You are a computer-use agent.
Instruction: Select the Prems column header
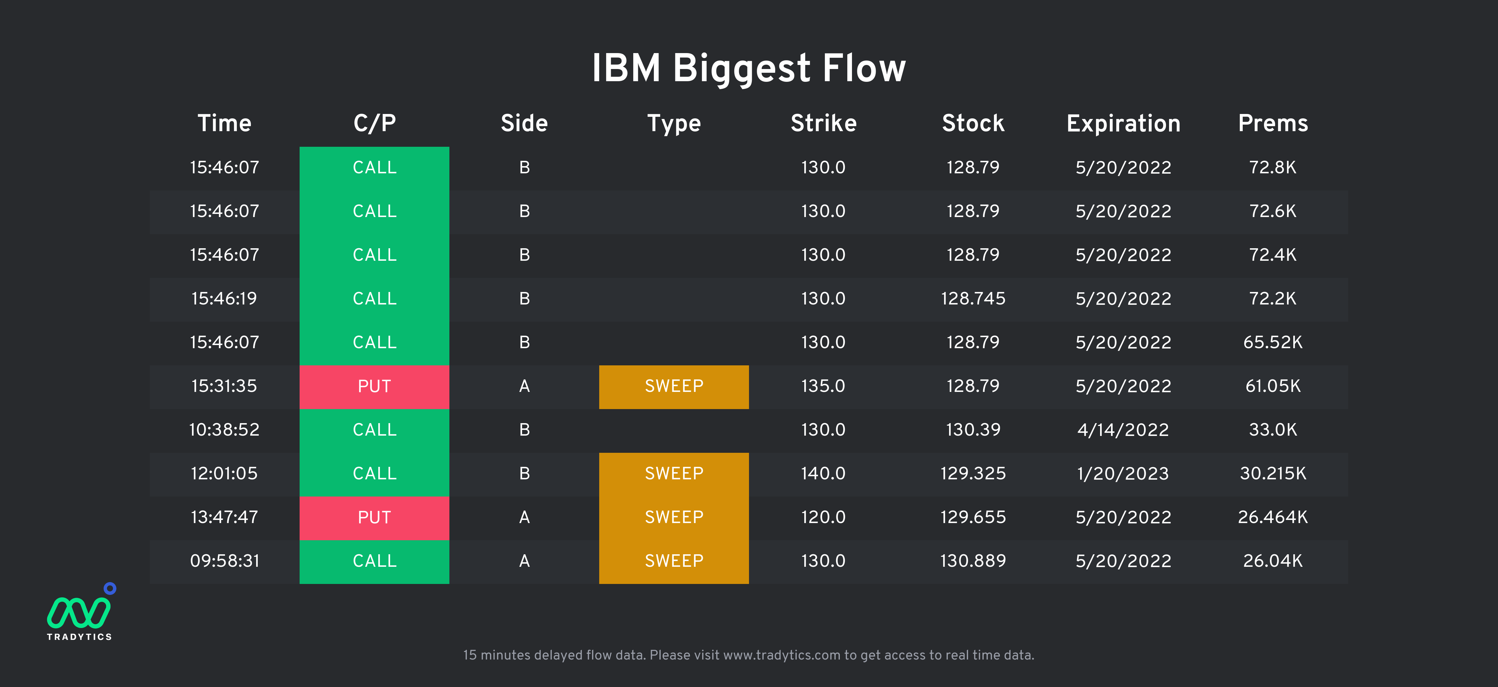pyautogui.click(x=1273, y=123)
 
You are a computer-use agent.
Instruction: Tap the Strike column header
pyautogui.click(x=824, y=123)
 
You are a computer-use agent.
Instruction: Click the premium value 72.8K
pyautogui.click(x=1273, y=167)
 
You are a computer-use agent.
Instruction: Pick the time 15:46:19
pyautogui.click(x=224, y=299)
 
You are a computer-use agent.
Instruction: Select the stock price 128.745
pyautogui.click(x=973, y=299)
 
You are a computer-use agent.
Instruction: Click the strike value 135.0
pyautogui.click(x=824, y=386)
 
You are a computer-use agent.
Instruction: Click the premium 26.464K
pyautogui.click(x=1273, y=517)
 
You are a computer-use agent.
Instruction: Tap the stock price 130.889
pyautogui.click(x=973, y=561)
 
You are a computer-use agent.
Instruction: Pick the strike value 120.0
pyautogui.click(x=824, y=517)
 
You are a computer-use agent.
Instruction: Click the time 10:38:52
pyautogui.click(x=224, y=430)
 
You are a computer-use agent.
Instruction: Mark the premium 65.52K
pyautogui.click(x=1273, y=342)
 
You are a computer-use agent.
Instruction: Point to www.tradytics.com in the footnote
pyautogui.click(x=781, y=655)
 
